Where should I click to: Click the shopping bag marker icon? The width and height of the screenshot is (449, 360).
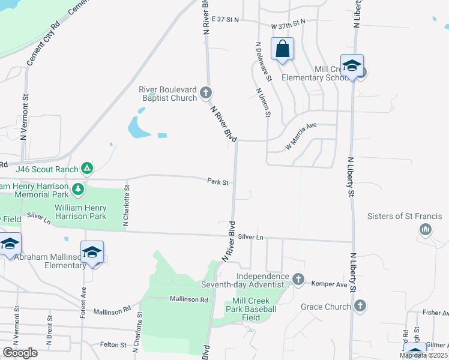pos(282,49)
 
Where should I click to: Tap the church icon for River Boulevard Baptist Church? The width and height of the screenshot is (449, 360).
pos(206,92)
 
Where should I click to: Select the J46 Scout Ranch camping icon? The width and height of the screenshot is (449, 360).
pos(88,169)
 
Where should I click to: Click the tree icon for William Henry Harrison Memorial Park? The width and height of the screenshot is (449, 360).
pos(77,190)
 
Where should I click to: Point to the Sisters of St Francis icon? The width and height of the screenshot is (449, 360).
pos(426,229)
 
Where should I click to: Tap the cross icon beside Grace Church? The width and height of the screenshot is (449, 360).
pos(360,307)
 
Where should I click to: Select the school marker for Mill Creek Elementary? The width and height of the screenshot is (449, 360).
pos(352,65)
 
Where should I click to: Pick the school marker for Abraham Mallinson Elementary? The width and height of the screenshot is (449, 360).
pos(92,252)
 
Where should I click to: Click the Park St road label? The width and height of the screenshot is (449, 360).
pos(218,181)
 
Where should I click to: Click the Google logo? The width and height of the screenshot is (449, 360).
pos(20,353)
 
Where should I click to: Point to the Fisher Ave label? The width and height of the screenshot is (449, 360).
pos(435,313)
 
